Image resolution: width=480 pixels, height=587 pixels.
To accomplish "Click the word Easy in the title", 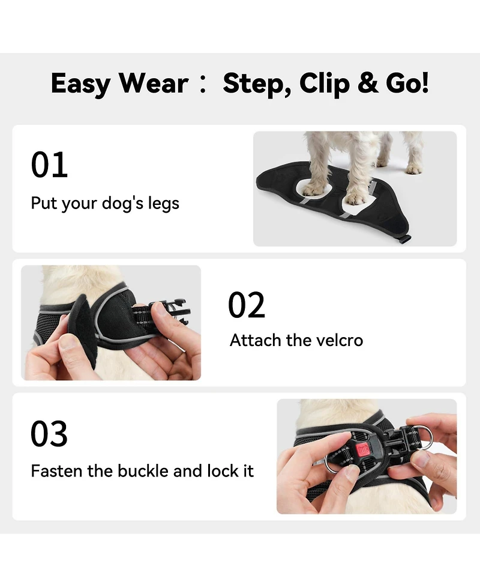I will (80, 84).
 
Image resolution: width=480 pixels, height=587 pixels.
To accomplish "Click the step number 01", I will (49, 165).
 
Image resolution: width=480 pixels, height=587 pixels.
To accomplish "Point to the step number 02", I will (246, 305).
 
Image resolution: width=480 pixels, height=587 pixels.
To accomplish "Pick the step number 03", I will (49, 434).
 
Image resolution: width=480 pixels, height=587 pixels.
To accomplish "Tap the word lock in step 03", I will (223, 470).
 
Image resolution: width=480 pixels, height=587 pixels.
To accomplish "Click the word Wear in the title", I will (154, 83).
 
